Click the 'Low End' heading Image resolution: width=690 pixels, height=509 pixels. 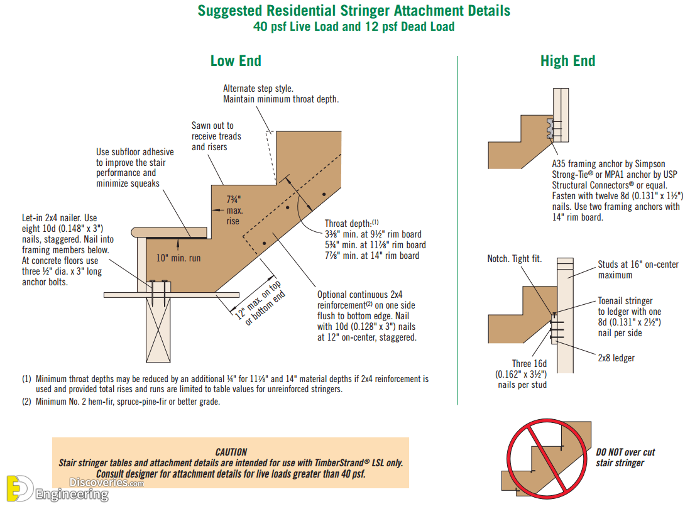(x=236, y=61)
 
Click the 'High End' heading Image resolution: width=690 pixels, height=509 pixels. (x=567, y=61)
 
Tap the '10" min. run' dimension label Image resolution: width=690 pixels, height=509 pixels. (x=178, y=258)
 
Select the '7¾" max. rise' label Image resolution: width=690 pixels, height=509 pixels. (x=233, y=211)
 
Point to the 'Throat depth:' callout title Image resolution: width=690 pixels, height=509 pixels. (x=348, y=224)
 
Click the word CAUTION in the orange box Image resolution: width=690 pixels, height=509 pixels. (x=231, y=452)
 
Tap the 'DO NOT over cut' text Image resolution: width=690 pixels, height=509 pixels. (x=625, y=452)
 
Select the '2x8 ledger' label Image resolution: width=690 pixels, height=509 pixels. (x=616, y=358)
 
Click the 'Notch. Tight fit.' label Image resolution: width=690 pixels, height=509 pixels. (x=515, y=259)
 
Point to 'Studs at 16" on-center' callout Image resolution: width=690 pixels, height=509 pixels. (x=638, y=265)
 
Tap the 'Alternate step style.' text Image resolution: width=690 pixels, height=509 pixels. (x=258, y=89)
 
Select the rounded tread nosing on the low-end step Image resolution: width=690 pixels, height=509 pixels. (x=169, y=233)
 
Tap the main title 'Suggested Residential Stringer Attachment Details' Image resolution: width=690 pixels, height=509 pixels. (x=354, y=11)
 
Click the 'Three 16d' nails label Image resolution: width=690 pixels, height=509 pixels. (x=529, y=364)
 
